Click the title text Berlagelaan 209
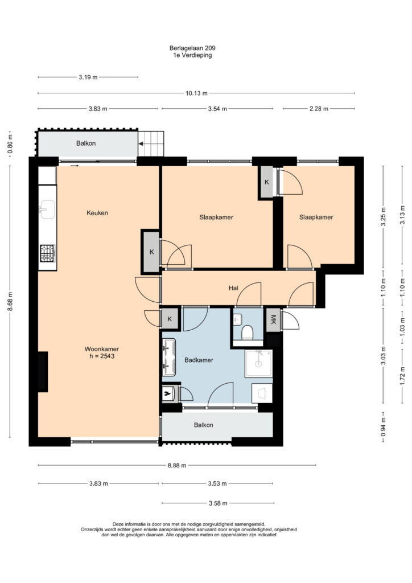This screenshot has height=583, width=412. point(192,48)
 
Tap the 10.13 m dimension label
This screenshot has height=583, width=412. point(196,93)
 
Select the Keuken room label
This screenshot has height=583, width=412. point(97,213)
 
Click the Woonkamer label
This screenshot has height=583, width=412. point(102,349)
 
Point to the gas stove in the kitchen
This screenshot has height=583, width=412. point(48,253)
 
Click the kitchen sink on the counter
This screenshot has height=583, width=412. point(47,210)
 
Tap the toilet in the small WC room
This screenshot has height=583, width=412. point(247,332)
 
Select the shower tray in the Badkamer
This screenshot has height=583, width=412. point(258,363)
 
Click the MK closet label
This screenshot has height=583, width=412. point(273,319)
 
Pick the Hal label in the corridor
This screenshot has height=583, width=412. point(233,288)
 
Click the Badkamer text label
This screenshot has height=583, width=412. point(199,360)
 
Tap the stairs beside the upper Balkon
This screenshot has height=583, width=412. point(151,143)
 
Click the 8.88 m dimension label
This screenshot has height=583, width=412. point(177,465)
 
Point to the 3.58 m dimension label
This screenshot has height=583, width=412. point(218,503)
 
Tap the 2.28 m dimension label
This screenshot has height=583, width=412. point(319,109)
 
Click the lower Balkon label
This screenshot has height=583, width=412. point(204,425)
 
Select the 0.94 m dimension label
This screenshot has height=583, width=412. point(384,427)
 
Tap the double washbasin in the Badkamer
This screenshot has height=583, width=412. point(169,358)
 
